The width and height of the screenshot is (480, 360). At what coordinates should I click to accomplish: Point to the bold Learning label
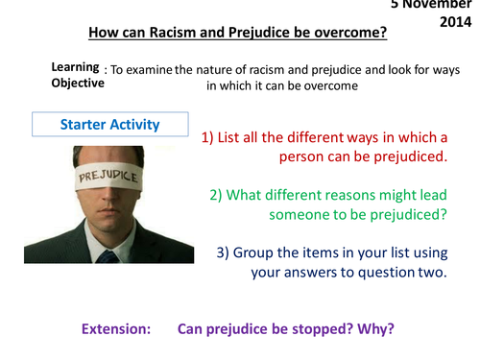coord(75,66)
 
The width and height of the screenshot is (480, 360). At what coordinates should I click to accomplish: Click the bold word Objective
coord(77,83)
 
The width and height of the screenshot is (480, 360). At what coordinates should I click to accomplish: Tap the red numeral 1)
coord(212,136)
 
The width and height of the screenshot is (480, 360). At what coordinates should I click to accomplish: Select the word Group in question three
coord(260,252)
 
